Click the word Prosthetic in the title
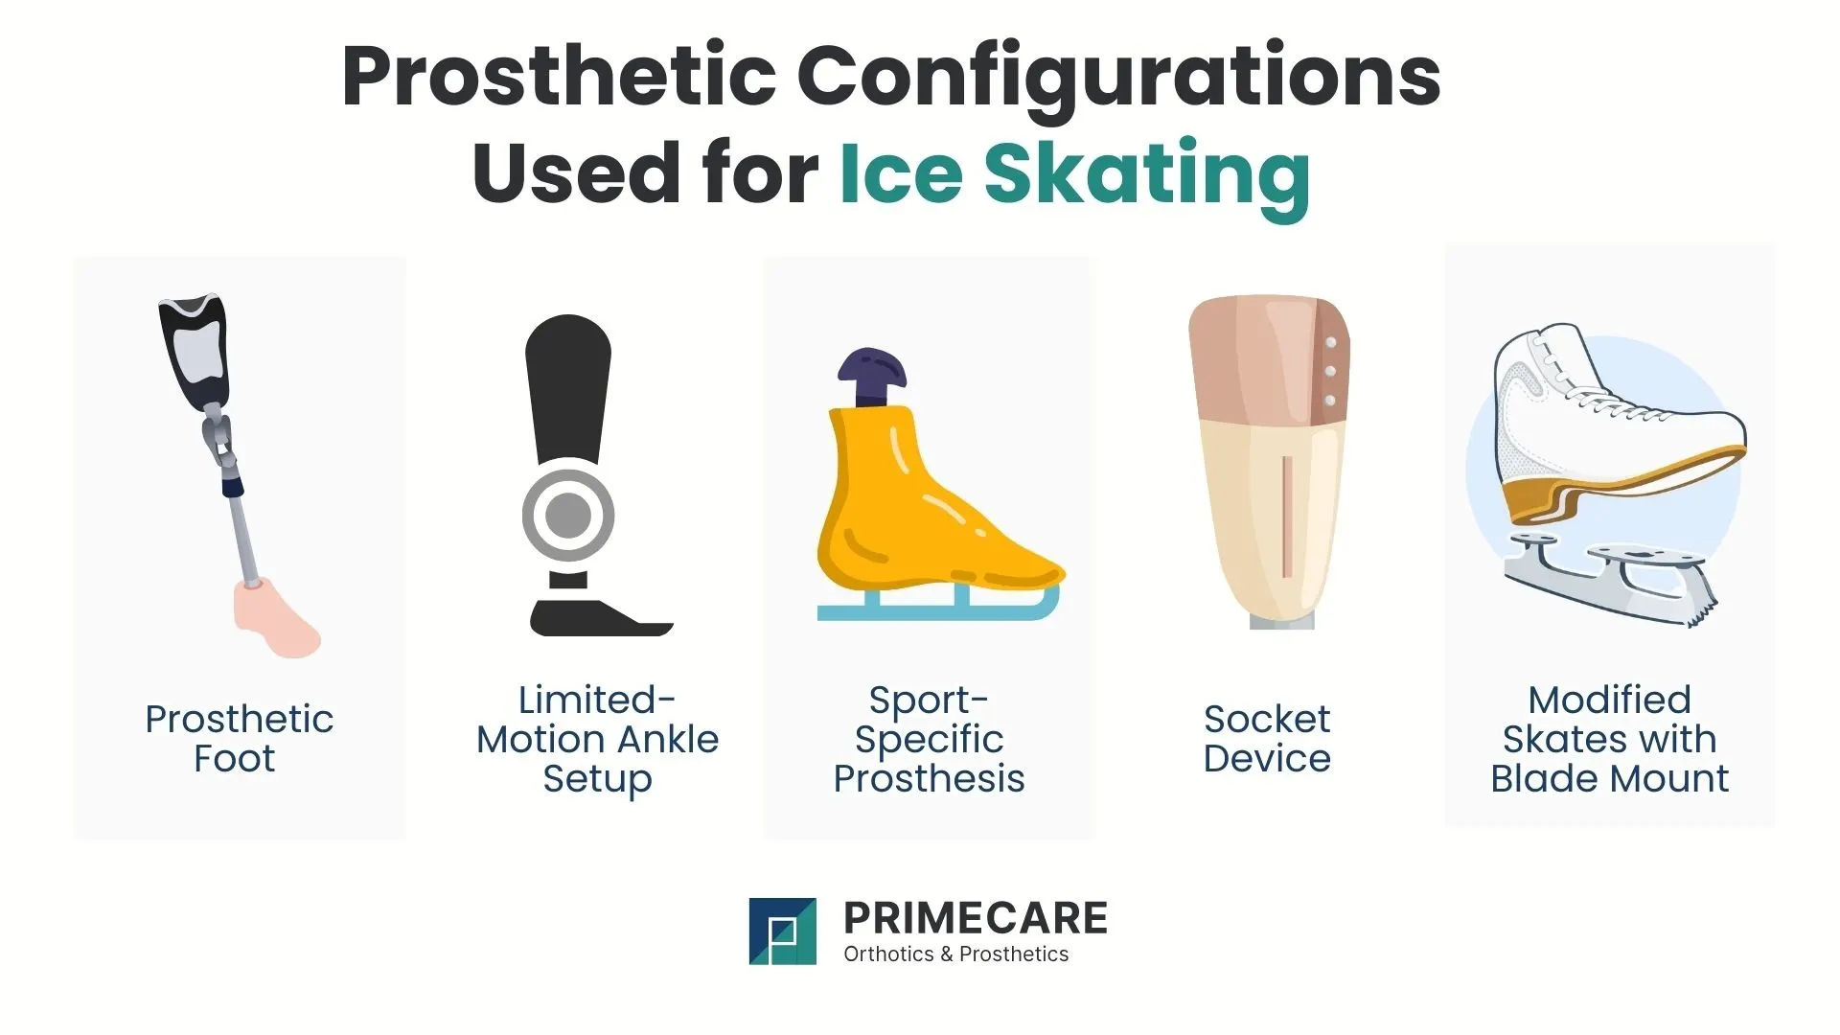coord(558,77)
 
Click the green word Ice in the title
coord(901,174)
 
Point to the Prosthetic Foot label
coord(239,739)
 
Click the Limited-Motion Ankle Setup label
coord(597,739)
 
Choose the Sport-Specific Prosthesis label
coord(929,739)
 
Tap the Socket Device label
coord(1267,739)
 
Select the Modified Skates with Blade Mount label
coord(1609,739)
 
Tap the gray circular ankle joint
coord(568,515)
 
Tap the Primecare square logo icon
coord(782,931)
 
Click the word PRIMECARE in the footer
coord(975,918)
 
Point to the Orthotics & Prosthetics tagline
coord(955,954)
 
